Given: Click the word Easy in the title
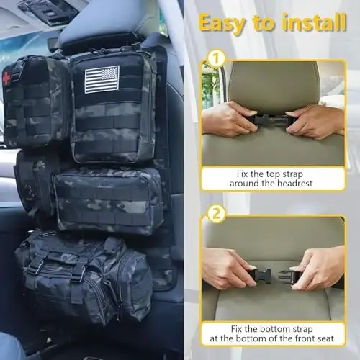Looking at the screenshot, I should click(223, 22).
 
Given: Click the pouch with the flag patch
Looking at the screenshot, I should click(113, 108).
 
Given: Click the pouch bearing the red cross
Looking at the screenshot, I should click(36, 101).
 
